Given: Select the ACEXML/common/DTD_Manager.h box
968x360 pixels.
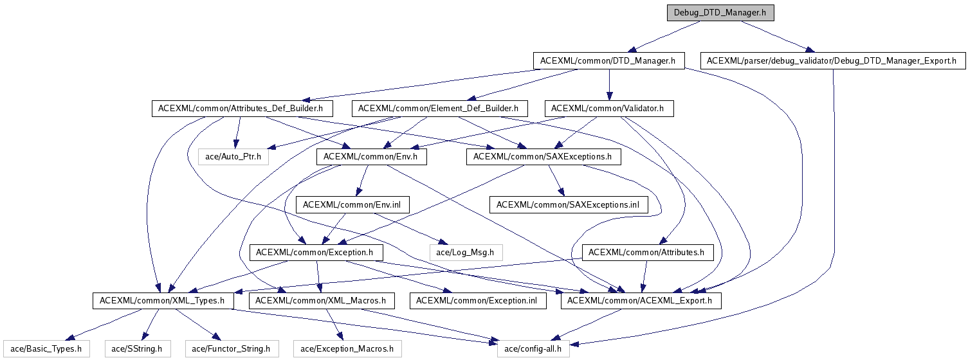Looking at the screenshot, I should pos(607,61).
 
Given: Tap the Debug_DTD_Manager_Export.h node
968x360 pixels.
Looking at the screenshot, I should pos(832,61).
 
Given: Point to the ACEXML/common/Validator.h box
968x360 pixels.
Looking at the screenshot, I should pos(608,109).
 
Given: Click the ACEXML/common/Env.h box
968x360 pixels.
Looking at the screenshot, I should pos(371,156).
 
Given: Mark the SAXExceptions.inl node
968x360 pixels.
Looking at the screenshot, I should pos(568,204).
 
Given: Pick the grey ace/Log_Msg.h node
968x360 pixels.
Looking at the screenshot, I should pos(465,253).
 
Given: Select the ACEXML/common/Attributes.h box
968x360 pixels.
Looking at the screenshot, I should pos(647,253).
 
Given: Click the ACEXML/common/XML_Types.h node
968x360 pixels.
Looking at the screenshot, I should pos(162,300).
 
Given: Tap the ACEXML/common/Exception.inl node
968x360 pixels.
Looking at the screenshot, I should pos(478,300).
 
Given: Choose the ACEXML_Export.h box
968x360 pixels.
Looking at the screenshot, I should pos(641,300).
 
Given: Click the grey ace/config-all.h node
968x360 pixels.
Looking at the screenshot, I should pos(533,349).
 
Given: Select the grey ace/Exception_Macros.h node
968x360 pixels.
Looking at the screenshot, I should pos(347,349).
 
